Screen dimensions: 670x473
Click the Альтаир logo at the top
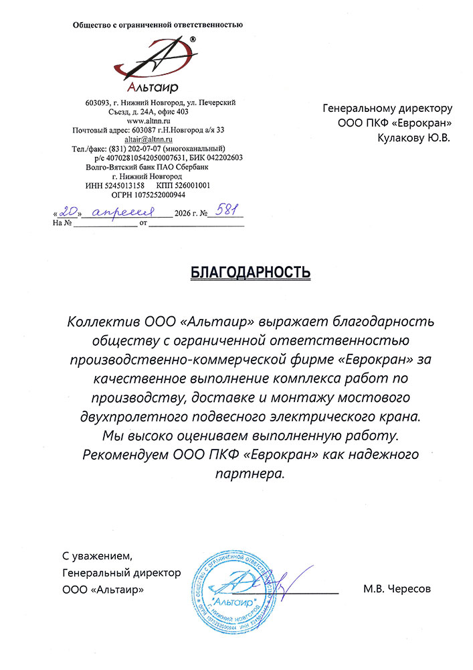coord(157,64)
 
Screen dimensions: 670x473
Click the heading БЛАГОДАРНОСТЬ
coord(251,272)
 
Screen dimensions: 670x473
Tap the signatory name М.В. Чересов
coord(397,590)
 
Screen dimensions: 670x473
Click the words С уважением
coord(98,555)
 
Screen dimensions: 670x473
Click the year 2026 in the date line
coord(181,214)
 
